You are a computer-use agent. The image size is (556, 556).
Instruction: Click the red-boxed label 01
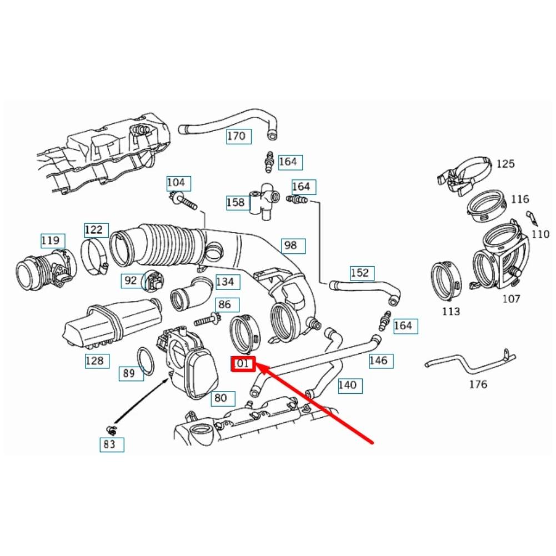click(x=243, y=364)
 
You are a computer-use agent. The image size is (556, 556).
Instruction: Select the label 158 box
click(x=236, y=203)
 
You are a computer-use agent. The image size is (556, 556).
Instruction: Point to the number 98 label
click(x=290, y=245)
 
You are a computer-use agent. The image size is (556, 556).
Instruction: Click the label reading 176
click(x=478, y=384)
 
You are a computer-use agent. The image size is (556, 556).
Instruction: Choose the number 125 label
click(x=505, y=164)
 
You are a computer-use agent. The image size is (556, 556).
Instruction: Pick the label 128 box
click(x=94, y=361)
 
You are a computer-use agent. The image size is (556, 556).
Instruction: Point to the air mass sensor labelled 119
click(x=47, y=270)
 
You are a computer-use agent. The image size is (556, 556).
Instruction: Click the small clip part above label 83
click(x=111, y=429)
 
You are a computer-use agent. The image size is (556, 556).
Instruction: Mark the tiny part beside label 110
click(x=529, y=216)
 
